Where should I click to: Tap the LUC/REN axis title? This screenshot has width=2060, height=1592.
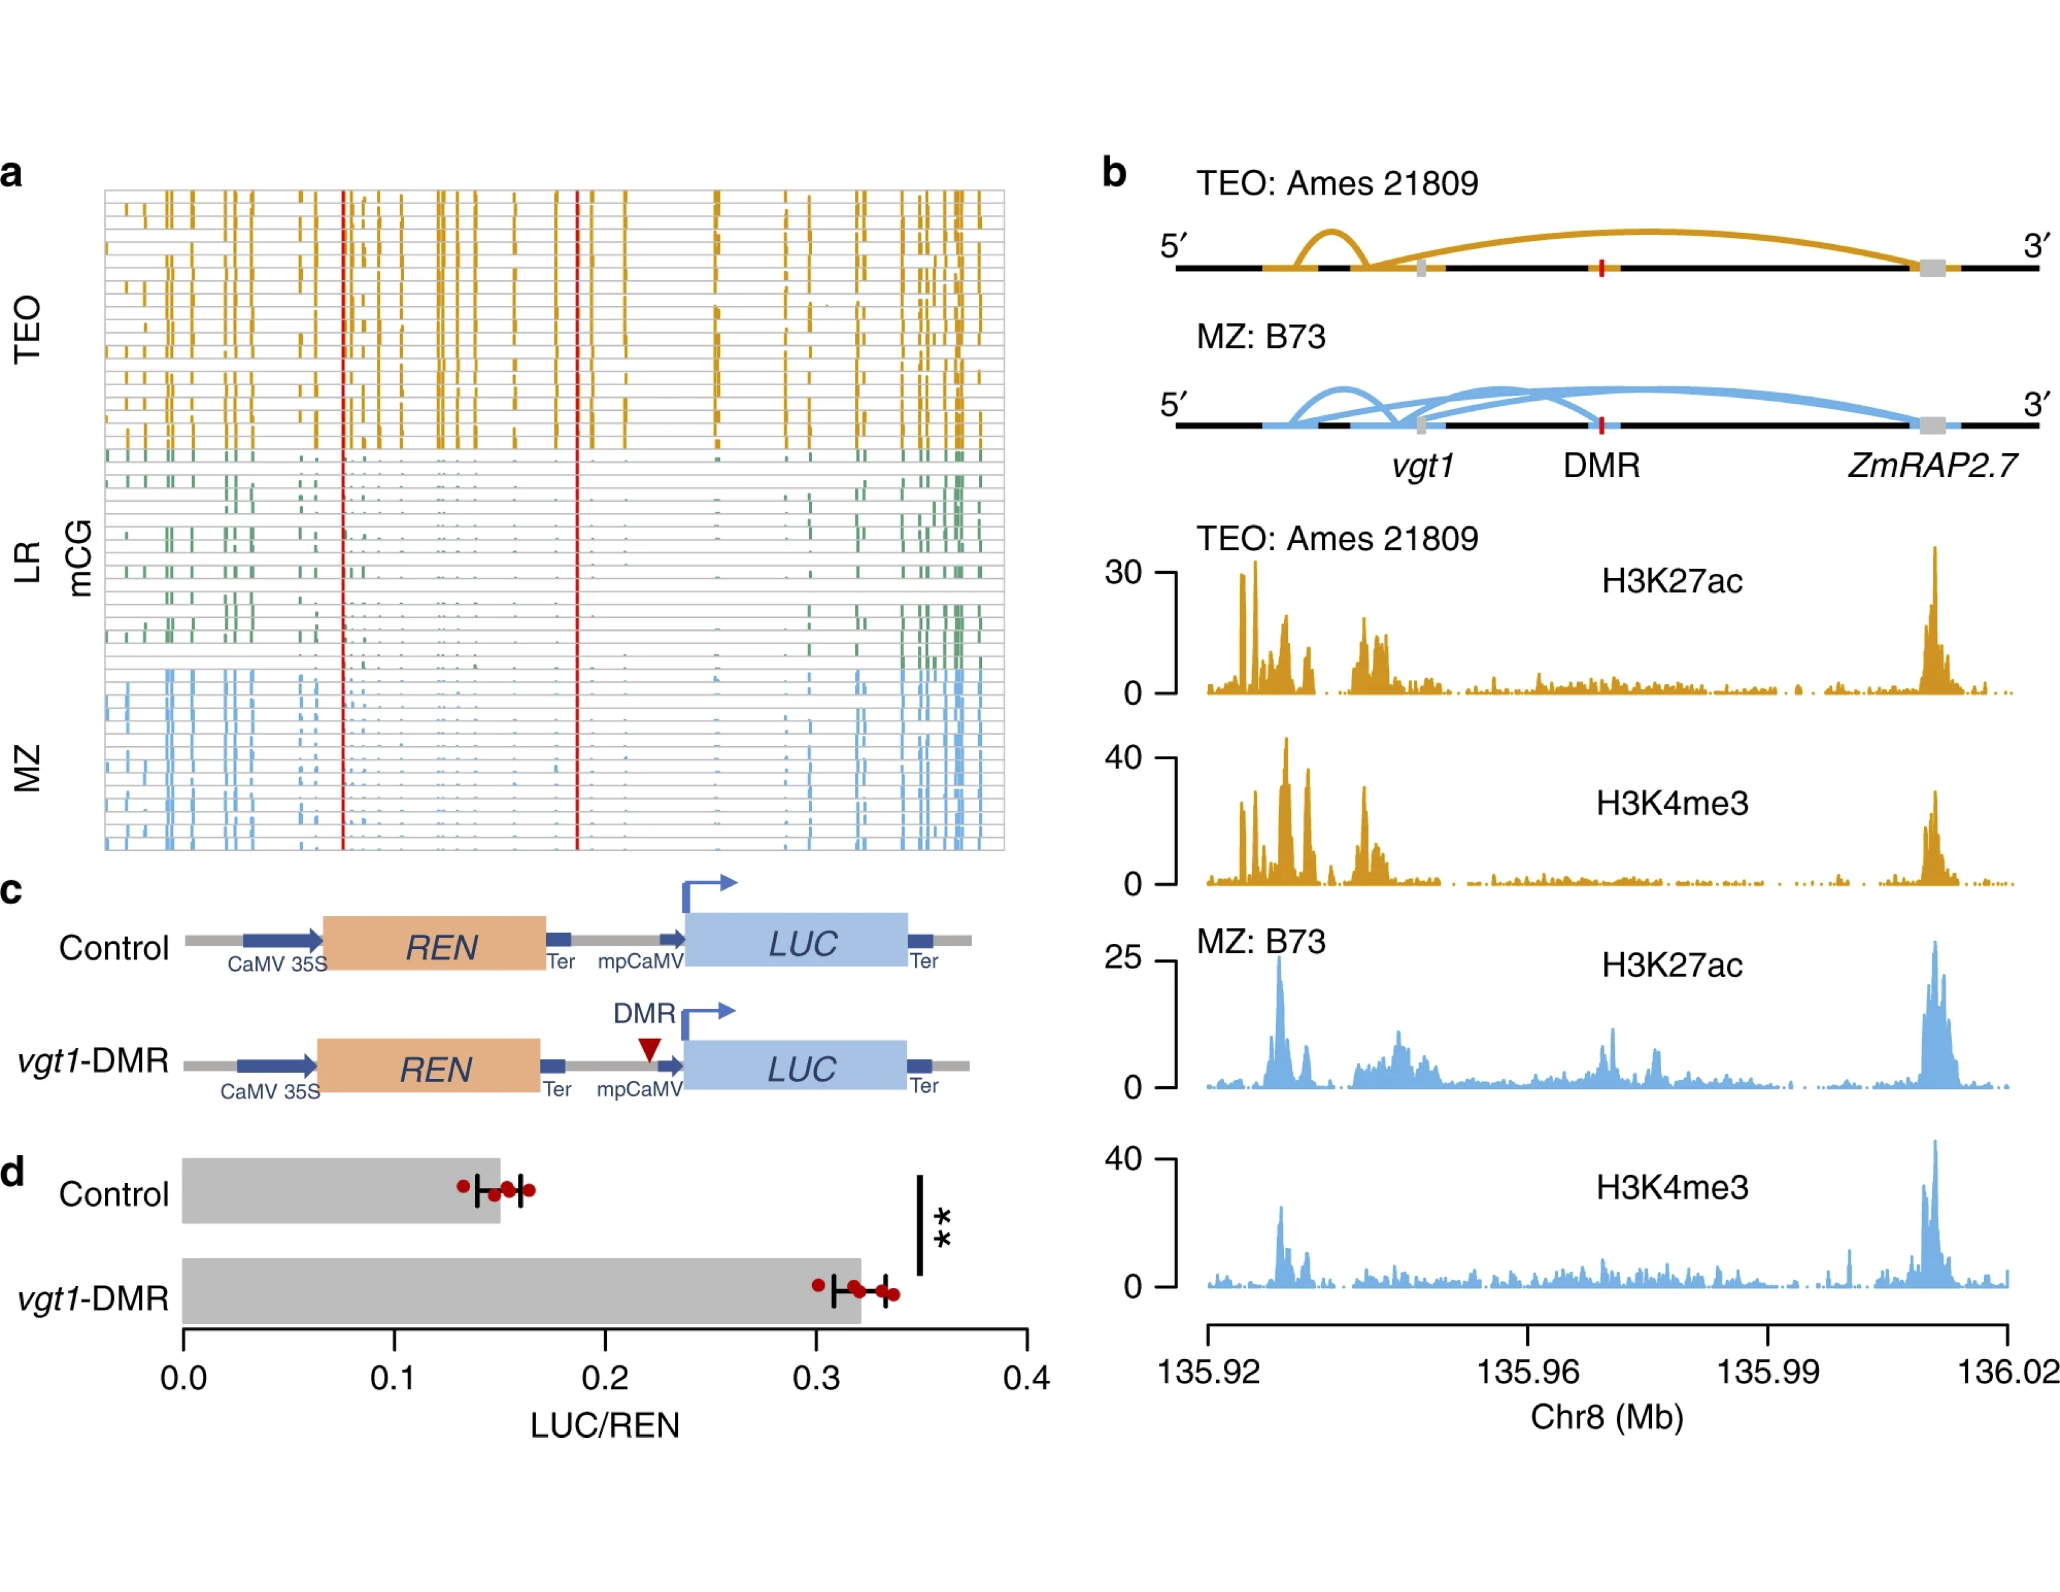coord(605,1425)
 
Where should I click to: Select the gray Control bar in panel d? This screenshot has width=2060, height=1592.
coord(340,1190)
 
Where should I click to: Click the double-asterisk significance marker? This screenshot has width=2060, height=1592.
coord(941,1227)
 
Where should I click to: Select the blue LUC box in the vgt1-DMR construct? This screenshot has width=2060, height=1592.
coord(795,1066)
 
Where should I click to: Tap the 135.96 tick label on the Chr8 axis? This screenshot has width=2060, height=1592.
coord(1527,1372)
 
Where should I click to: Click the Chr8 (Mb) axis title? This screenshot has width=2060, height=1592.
coord(1606,1417)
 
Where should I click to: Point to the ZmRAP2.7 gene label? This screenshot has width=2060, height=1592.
coord(1932,465)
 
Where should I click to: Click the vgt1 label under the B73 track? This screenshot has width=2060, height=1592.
coord(1423,465)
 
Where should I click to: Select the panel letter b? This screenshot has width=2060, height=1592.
coord(1114,172)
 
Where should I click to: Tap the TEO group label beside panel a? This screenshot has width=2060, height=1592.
coord(27,329)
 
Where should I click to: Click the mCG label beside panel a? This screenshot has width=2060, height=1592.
coord(79,558)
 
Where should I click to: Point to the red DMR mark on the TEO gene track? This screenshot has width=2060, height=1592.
coord(1602,269)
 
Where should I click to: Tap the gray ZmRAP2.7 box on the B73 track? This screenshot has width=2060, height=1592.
coord(1932,425)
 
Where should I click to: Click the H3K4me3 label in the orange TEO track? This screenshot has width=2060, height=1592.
coord(1671,803)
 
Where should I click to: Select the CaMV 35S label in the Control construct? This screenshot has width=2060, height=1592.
coord(277,964)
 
